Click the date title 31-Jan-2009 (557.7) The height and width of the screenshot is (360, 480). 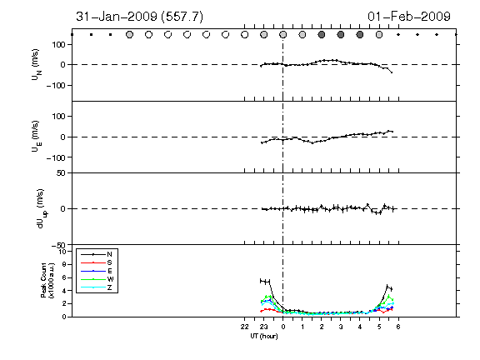point(140,17)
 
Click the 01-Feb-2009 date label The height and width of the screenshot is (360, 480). point(409,17)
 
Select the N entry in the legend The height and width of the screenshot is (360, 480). point(97,254)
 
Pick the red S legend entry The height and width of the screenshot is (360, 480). point(97,262)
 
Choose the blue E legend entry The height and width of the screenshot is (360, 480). point(97,271)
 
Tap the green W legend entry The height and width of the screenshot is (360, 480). point(97,279)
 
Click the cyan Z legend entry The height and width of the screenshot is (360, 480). point(97,287)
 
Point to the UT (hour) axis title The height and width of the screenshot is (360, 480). point(264,336)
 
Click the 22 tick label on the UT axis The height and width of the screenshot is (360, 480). point(245,327)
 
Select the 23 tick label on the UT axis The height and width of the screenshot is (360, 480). point(264,327)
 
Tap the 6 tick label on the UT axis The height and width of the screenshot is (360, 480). point(398,327)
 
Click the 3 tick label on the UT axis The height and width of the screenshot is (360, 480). point(341,327)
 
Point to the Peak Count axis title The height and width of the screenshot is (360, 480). point(47,280)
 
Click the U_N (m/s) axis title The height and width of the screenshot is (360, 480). point(36,64)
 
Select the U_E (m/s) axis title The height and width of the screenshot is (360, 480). point(36,137)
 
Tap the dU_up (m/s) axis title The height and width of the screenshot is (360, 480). point(42,209)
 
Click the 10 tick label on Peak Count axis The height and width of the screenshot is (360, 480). point(62,252)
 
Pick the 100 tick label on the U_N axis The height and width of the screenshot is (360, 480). point(58,45)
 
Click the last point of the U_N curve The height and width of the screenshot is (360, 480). point(392,72)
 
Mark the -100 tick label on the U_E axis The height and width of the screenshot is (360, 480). point(56,157)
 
